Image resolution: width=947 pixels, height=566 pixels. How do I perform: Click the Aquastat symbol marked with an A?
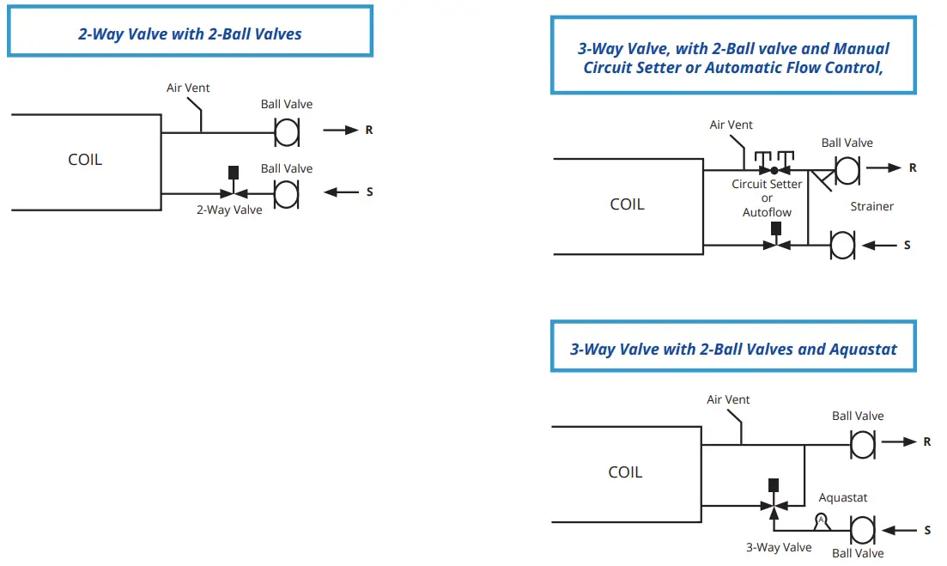tap(821, 520)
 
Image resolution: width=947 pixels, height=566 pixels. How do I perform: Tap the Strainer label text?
tap(871, 207)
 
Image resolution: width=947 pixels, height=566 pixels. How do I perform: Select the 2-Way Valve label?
tap(229, 210)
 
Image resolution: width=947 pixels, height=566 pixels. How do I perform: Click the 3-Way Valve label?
tap(779, 547)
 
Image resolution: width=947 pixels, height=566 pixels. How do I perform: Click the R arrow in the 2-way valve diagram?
tap(341, 130)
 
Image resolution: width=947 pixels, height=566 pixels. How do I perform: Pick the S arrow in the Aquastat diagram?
tap(899, 531)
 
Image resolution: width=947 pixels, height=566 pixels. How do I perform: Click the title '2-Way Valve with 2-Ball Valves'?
tap(190, 33)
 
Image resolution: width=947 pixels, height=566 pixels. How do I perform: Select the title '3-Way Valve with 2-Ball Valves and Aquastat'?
tap(733, 350)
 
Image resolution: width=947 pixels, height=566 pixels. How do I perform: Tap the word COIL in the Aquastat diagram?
tap(625, 472)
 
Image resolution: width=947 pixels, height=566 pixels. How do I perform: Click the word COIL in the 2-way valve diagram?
tap(85, 160)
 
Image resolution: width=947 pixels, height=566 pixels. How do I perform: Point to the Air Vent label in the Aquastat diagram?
tap(728, 399)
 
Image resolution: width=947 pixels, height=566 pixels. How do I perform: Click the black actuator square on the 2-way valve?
tap(234, 173)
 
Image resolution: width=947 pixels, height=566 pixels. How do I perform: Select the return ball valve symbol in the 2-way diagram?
tap(287, 132)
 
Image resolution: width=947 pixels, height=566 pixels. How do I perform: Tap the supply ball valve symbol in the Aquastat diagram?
tap(863, 531)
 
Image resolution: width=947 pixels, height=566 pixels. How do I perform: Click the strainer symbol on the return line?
tap(822, 180)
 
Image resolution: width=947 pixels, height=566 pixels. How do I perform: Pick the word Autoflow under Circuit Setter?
tap(767, 213)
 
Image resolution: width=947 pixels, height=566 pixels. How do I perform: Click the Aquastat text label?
tap(842, 498)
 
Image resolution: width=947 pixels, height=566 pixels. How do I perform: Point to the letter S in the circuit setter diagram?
tap(908, 246)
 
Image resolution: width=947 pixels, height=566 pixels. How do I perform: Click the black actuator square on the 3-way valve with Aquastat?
tap(774, 485)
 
